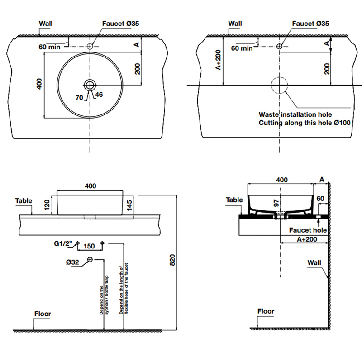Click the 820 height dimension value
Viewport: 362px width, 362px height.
click(x=171, y=260)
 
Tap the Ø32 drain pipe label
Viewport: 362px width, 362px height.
click(x=72, y=261)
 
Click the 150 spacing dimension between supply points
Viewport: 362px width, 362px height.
click(x=89, y=247)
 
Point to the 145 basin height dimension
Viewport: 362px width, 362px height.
click(x=130, y=205)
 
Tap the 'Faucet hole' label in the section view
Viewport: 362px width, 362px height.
click(x=308, y=229)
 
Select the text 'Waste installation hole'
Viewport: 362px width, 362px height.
click(x=295, y=115)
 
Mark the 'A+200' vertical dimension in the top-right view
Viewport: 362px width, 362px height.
click(x=218, y=60)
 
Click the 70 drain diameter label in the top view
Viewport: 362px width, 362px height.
click(x=79, y=97)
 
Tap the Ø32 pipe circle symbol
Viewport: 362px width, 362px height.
click(x=90, y=259)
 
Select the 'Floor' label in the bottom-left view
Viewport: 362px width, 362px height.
click(x=43, y=314)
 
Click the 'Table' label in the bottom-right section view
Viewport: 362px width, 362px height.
click(x=234, y=200)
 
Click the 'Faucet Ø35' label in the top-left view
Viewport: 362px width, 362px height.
click(x=120, y=24)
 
